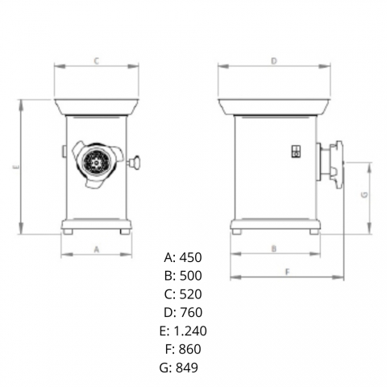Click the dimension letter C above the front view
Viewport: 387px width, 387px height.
click(97, 61)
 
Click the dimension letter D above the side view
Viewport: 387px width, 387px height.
click(274, 61)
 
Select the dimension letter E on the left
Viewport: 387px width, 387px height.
click(16, 167)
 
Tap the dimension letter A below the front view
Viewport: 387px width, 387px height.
click(97, 250)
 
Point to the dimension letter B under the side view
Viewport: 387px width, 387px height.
click(274, 248)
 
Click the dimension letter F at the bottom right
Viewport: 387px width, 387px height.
click(287, 272)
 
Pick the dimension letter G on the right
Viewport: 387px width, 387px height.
click(364, 194)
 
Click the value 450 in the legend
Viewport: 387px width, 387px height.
click(190, 257)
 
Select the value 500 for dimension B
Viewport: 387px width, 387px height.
click(190, 276)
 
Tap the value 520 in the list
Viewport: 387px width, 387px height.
click(190, 294)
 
